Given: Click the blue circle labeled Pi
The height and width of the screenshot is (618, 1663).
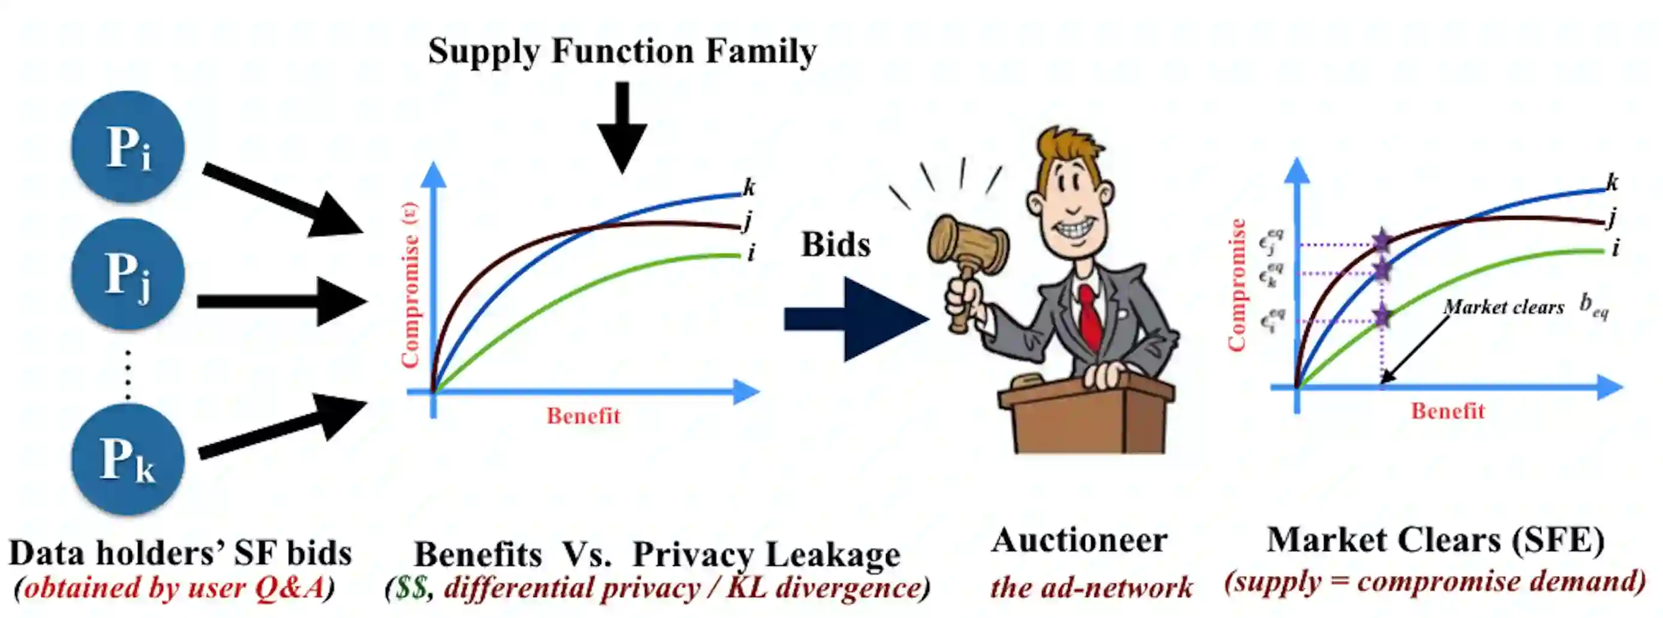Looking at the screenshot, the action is [x=128, y=146].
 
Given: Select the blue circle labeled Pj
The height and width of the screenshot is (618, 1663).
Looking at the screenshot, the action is [x=128, y=274].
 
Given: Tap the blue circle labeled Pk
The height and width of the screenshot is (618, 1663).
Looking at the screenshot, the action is [x=128, y=459].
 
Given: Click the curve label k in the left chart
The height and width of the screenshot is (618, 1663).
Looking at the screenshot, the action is [x=749, y=187].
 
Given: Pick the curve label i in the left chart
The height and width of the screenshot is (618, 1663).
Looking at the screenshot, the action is [x=751, y=253].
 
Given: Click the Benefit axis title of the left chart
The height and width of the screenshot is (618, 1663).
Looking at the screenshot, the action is [x=583, y=416].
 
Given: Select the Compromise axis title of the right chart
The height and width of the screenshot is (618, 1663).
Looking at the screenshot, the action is [x=1236, y=285].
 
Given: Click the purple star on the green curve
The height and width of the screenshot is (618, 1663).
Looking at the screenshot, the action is [x=1382, y=316].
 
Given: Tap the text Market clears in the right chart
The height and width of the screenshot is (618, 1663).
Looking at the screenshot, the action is [x=1503, y=307].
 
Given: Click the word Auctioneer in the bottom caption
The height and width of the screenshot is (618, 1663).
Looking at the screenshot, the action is [x=1079, y=541].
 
